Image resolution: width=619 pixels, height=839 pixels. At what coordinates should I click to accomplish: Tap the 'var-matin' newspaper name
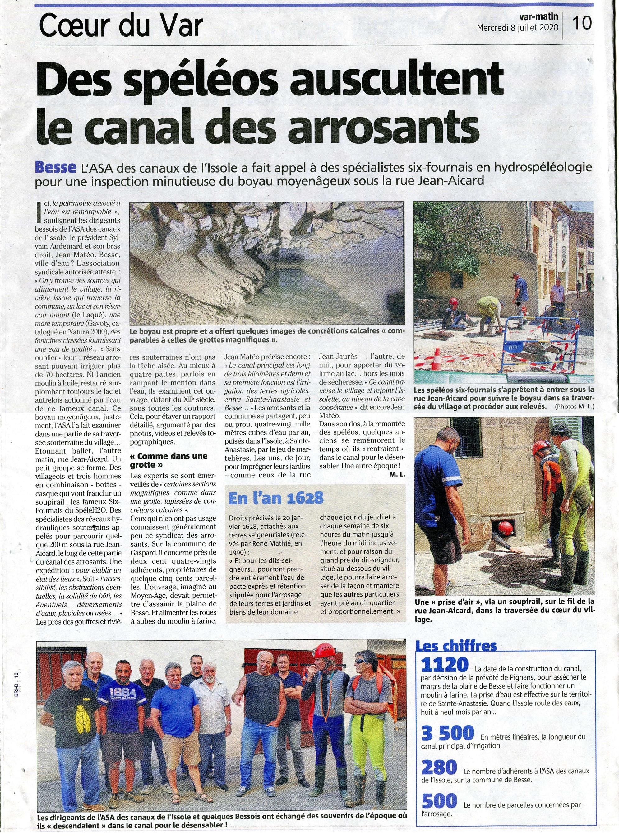coord(538,17)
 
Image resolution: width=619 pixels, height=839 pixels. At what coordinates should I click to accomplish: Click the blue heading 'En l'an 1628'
coord(276,498)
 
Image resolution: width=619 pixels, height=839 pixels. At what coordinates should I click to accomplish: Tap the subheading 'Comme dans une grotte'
coord(168,460)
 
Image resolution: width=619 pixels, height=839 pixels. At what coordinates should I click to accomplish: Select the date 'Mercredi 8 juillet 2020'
coord(517,28)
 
